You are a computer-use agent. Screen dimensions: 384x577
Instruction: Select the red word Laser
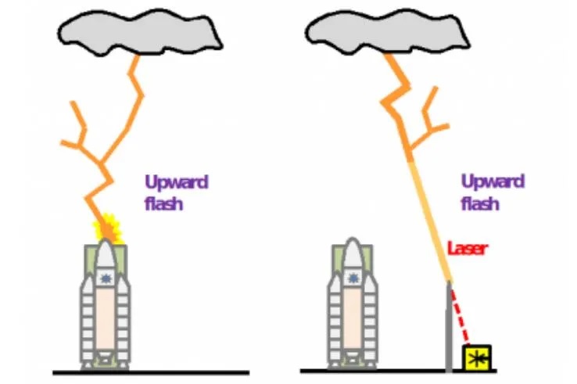(x=468, y=249)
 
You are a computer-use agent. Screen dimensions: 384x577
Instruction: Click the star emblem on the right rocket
(x=353, y=278)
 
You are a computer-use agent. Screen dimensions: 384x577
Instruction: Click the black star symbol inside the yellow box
(x=475, y=357)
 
